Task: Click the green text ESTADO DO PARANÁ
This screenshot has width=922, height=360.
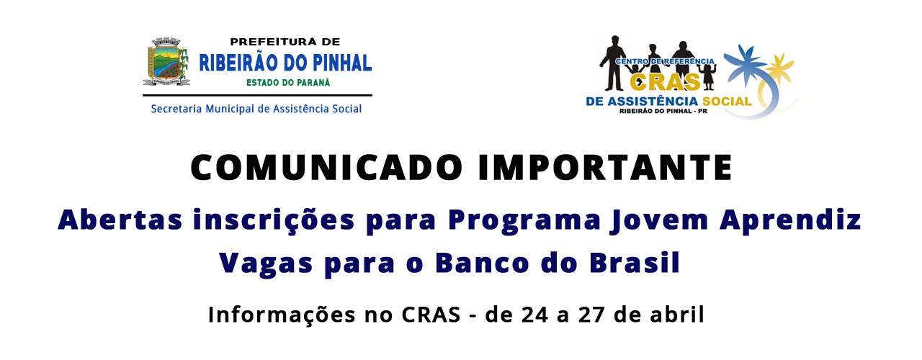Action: pyautogui.click(x=288, y=82)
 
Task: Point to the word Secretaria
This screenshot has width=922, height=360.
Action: pyautogui.click(x=176, y=109)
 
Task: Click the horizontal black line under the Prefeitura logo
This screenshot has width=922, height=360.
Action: pyautogui.click(x=257, y=96)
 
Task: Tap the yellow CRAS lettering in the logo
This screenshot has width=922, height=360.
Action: pyautogui.click(x=665, y=81)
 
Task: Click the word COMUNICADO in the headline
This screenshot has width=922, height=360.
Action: pyautogui.click(x=326, y=168)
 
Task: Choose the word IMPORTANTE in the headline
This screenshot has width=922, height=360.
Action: pyautogui.click(x=605, y=168)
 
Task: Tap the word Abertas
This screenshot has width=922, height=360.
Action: pyautogui.click(x=120, y=220)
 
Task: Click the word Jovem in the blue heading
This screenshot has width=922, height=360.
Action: pyautogui.click(x=659, y=220)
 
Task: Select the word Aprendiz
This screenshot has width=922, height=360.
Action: pyautogui.click(x=791, y=221)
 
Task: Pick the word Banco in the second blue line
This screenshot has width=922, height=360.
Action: pyautogui.click(x=482, y=263)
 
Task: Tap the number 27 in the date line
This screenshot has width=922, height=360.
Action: pyautogui.click(x=591, y=315)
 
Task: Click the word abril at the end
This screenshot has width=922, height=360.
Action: pyautogui.click(x=677, y=315)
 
